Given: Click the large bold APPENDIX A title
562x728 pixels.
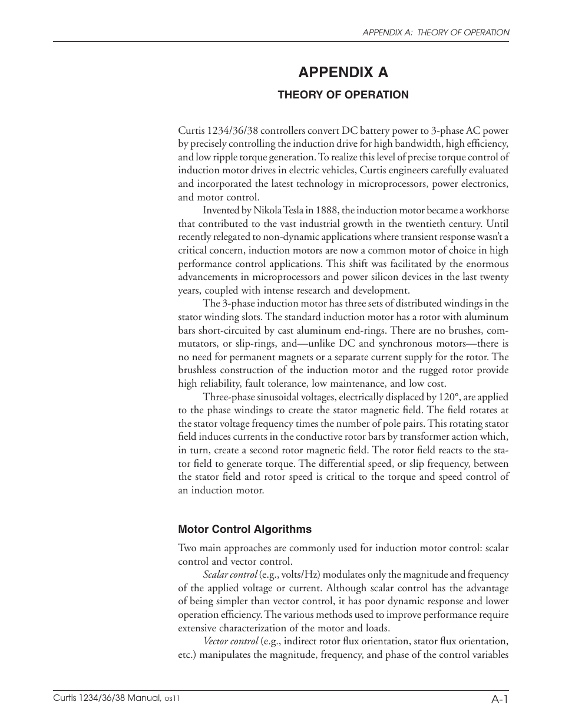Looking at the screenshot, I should (343, 73).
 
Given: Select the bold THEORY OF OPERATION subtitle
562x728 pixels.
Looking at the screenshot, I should (343, 95).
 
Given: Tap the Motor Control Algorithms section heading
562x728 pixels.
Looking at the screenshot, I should (244, 529).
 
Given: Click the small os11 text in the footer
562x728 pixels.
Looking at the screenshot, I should (172, 698).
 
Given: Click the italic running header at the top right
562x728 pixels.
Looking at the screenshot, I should (435, 33).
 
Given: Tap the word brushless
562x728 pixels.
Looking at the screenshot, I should (197, 371).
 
